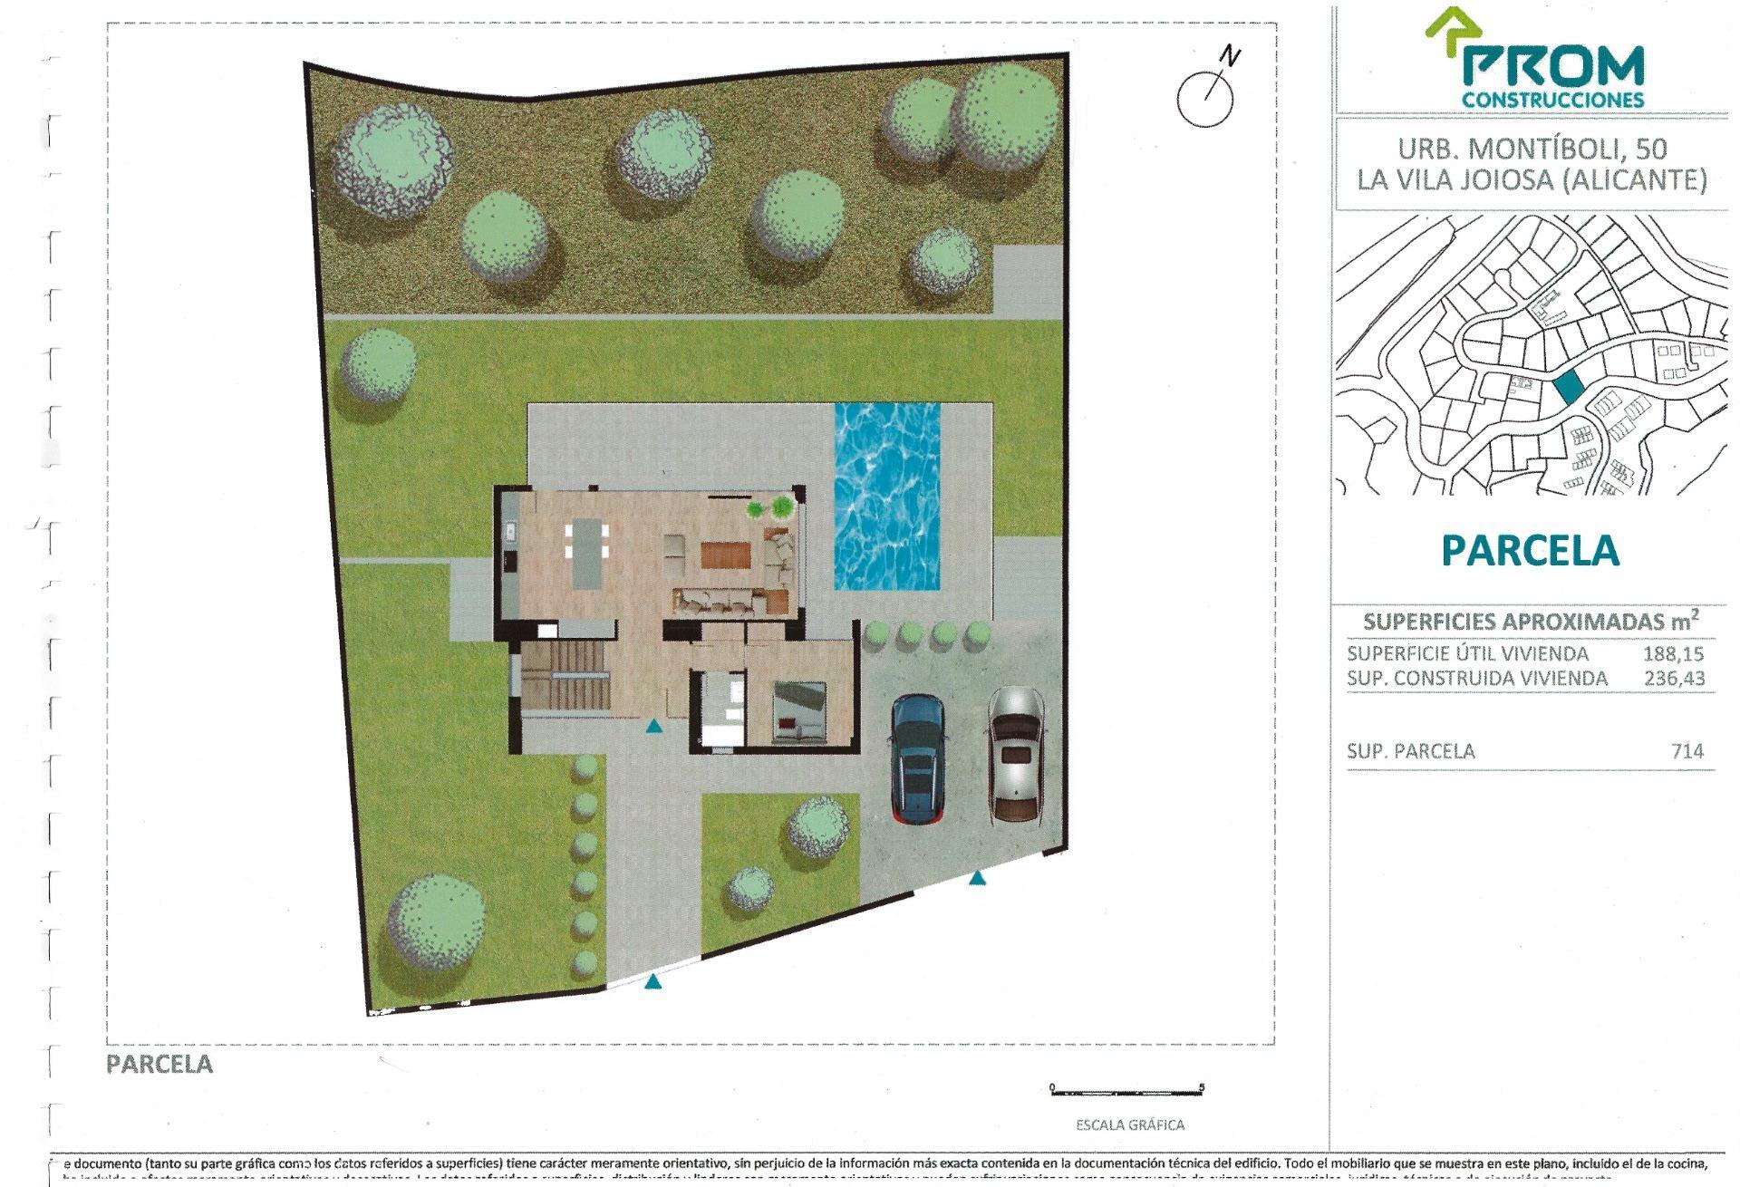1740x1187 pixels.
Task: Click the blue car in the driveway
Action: (x=919, y=758)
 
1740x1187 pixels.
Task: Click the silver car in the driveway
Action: (x=1016, y=754)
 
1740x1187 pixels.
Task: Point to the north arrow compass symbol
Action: (x=1206, y=96)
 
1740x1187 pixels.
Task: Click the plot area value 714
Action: (x=1687, y=751)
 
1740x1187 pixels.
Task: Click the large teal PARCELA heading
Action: (x=1530, y=550)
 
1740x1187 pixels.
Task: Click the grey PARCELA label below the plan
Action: (x=159, y=1064)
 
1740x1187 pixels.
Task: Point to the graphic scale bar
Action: (x=1126, y=1090)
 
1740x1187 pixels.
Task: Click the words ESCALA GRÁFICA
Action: (x=1129, y=1125)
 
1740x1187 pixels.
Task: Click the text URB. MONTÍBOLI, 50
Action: (x=1530, y=148)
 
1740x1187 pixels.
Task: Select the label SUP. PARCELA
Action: (x=1410, y=751)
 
